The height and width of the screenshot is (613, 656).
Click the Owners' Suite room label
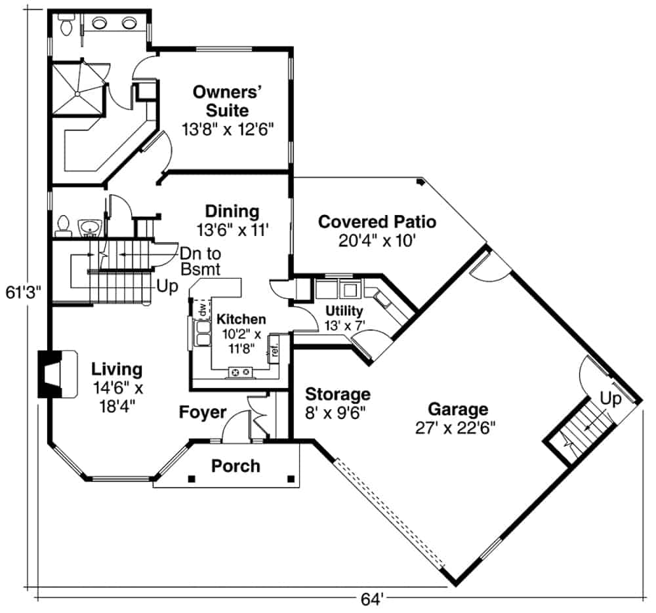(x=220, y=100)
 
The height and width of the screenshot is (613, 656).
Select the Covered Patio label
(x=377, y=222)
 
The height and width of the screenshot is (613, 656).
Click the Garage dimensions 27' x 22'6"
(x=457, y=428)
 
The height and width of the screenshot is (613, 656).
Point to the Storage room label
(x=338, y=394)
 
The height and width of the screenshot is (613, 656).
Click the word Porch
(x=236, y=466)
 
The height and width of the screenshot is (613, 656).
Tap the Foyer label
(x=203, y=412)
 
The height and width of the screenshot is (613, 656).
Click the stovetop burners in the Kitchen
(x=239, y=372)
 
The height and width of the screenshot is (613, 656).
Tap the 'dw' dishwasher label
(x=202, y=307)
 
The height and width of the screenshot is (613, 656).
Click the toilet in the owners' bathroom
(x=66, y=26)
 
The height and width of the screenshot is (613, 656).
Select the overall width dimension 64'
(x=372, y=599)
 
